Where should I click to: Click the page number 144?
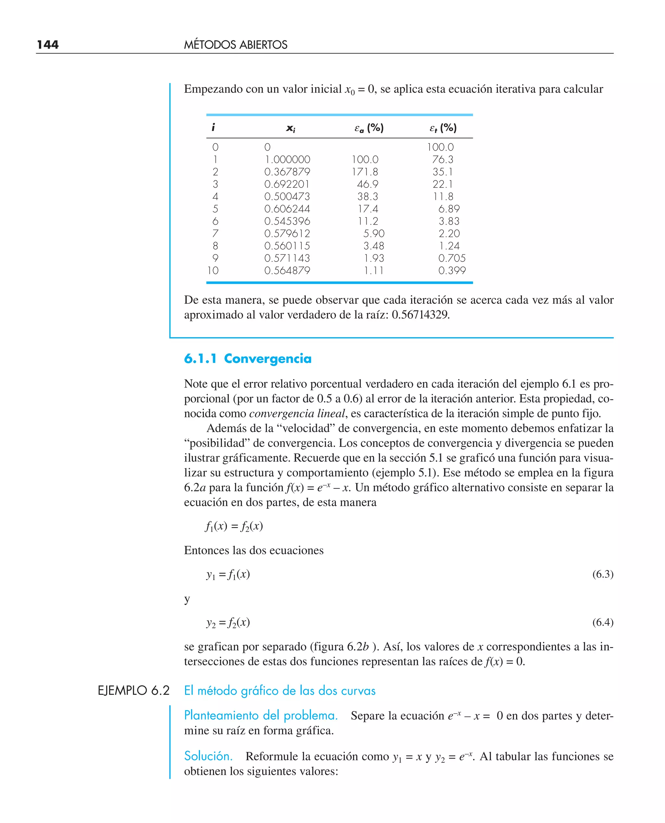click(48, 44)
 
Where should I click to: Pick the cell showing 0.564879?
click(287, 270)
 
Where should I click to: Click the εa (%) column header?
click(369, 128)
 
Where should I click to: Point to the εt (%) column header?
click(443, 128)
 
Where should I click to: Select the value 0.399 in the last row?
click(452, 270)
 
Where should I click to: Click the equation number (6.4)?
click(603, 622)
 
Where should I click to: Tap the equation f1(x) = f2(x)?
click(234, 526)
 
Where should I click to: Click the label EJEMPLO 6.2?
click(133, 691)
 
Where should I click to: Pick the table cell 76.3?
click(443, 159)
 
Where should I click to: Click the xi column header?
click(290, 128)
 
